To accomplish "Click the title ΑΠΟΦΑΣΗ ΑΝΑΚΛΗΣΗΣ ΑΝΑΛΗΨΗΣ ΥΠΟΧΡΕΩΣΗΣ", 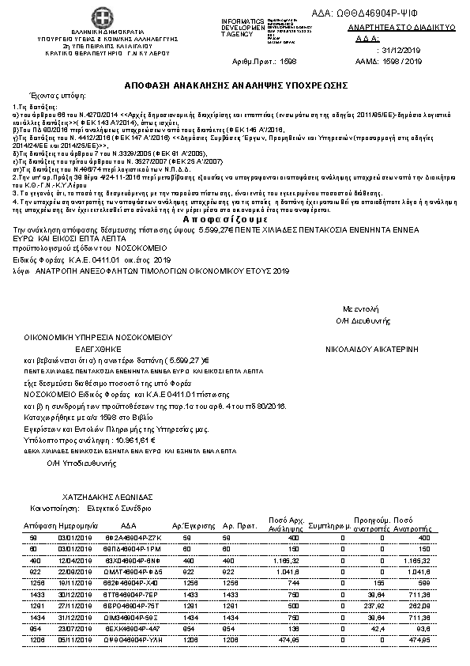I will [235, 85].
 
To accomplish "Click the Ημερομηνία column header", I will [77, 525].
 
